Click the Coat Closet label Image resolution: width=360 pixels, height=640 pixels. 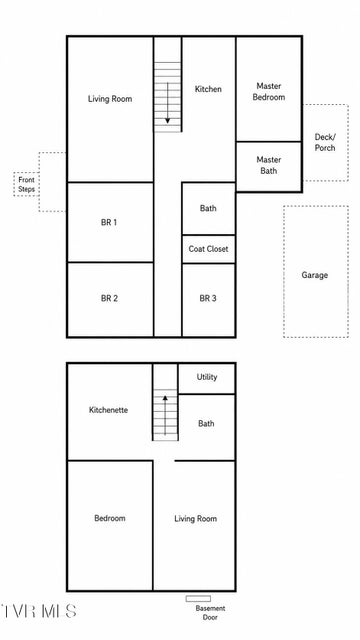tap(208, 249)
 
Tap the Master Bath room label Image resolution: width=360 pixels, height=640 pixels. tap(269, 165)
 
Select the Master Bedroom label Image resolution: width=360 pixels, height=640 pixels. tap(269, 91)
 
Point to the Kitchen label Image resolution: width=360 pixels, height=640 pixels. tap(208, 89)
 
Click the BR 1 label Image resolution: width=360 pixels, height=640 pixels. tap(109, 222)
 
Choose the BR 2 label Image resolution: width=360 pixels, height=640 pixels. tap(109, 298)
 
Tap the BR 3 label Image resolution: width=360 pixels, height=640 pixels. tap(208, 298)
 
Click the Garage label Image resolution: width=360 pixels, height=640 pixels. tap(315, 275)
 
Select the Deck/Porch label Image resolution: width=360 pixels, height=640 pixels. tap(325, 142)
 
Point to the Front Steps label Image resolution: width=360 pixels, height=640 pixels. tap(27, 184)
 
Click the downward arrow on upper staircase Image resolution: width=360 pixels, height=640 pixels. tap(167, 103)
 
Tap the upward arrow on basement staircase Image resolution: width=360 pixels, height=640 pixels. tap(165, 415)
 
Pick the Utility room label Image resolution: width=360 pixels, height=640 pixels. tap(207, 377)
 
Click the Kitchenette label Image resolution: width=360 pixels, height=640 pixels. tap(109, 410)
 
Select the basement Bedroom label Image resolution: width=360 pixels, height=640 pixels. tap(110, 518)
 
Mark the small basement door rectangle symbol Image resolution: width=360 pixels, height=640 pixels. tap(198, 599)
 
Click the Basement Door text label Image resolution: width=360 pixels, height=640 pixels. tap(210, 613)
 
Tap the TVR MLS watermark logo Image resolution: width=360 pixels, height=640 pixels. tap(38, 611)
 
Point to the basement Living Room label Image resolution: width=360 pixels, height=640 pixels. tap(196, 519)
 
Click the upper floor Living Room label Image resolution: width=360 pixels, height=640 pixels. tap(110, 99)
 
